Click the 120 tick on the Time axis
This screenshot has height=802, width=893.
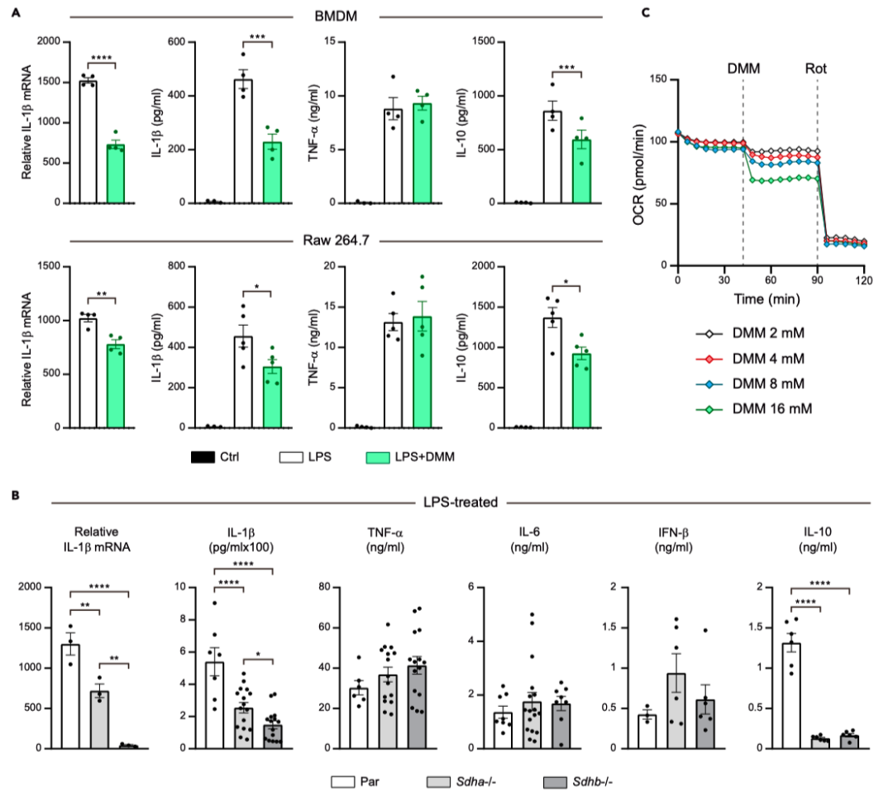point(864,281)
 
